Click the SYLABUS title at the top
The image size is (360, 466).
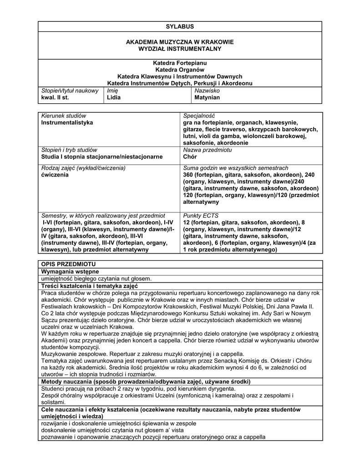(x=180, y=27)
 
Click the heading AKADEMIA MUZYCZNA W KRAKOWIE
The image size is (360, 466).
(x=180, y=42)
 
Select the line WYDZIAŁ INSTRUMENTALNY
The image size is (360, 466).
(x=180, y=49)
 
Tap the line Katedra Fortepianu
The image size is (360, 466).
(x=180, y=63)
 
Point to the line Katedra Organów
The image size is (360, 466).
(x=180, y=70)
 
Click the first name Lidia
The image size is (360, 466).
(x=114, y=98)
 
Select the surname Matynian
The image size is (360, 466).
(x=207, y=98)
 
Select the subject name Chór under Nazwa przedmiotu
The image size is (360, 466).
(x=190, y=157)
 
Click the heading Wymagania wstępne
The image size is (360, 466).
(x=70, y=272)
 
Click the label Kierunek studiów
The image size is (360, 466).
(x=63, y=116)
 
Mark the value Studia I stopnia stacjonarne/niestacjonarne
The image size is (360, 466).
(x=101, y=157)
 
